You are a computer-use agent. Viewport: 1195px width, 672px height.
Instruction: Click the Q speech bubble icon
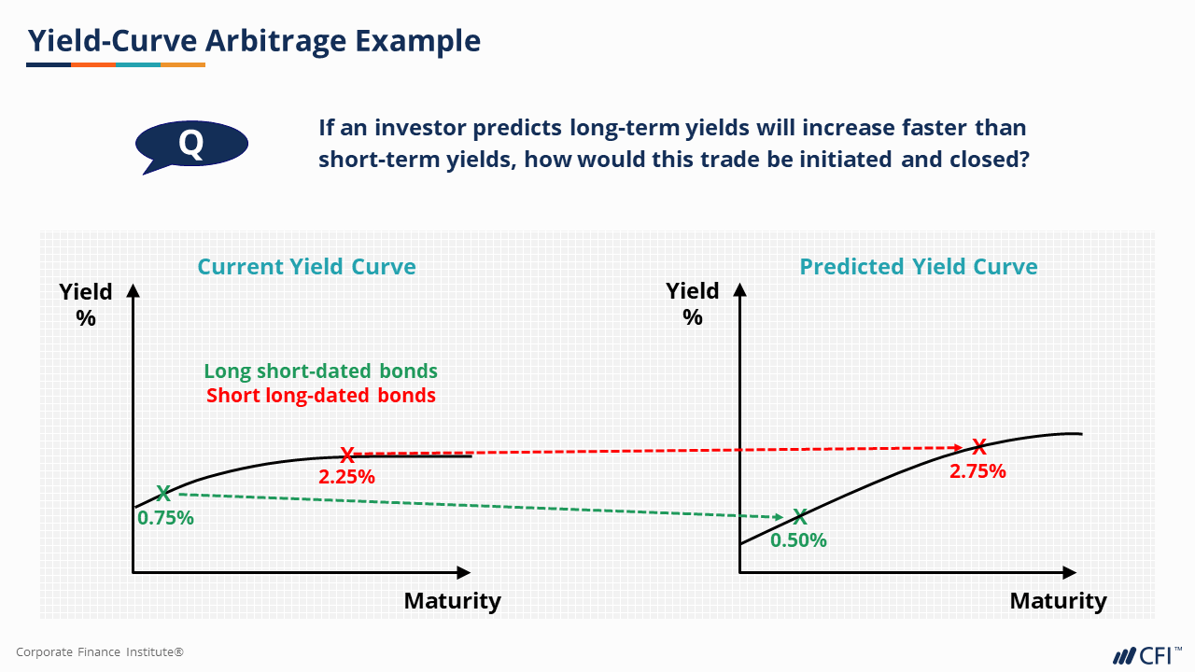click(191, 145)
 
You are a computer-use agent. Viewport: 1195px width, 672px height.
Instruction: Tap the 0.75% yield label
click(165, 518)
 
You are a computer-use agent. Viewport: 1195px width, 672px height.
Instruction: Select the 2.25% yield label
click(346, 476)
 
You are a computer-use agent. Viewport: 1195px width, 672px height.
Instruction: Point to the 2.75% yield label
click(977, 471)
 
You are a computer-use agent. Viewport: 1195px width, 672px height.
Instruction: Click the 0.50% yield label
click(798, 540)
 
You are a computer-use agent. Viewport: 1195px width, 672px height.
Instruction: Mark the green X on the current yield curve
click(163, 494)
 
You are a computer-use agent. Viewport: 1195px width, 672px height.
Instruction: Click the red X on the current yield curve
click(347, 455)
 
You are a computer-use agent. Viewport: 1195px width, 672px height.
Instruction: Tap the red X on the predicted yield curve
click(979, 446)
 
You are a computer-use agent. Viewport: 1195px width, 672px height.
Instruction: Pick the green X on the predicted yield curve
click(800, 516)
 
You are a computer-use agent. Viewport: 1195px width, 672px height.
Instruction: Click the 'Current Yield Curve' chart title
click(306, 267)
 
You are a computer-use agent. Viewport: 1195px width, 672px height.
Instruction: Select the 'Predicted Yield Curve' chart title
click(918, 267)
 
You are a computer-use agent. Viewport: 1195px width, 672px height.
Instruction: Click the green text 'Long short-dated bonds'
click(320, 371)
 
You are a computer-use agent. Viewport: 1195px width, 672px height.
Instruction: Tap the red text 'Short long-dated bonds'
click(320, 395)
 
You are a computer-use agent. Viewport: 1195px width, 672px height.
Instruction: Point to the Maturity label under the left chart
click(453, 601)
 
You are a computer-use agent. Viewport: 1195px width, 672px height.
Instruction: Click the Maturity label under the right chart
click(1059, 601)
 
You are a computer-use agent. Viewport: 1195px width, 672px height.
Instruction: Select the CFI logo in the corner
click(1146, 655)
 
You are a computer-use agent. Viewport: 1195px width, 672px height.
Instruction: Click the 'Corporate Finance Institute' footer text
click(100, 651)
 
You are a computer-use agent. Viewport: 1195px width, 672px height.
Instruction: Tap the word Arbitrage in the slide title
click(275, 40)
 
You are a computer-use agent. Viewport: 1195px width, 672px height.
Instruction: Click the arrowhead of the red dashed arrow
click(958, 447)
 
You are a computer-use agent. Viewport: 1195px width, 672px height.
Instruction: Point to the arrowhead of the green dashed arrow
click(778, 517)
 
